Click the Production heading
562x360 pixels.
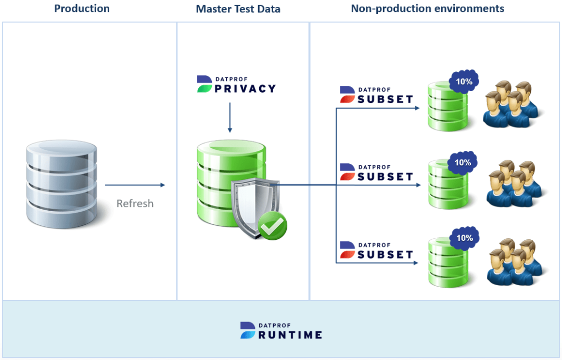tap(82, 8)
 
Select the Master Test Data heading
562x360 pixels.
tap(238, 9)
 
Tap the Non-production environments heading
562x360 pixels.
tap(427, 8)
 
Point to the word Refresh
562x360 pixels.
tap(135, 203)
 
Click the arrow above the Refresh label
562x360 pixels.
tap(135, 185)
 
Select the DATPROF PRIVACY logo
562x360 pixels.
tap(236, 84)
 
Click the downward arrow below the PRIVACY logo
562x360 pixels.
tap(230, 118)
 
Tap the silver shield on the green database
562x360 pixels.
tap(250, 205)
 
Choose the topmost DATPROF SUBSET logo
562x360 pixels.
tap(376, 95)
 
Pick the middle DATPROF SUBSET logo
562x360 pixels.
tap(376, 172)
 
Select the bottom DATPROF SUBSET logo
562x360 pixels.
tap(376, 250)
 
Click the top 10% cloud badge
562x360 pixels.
tap(464, 82)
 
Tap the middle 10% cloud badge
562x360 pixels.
tap(463, 163)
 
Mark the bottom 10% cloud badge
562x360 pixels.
tap(464, 238)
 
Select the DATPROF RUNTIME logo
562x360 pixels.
tap(281, 330)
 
